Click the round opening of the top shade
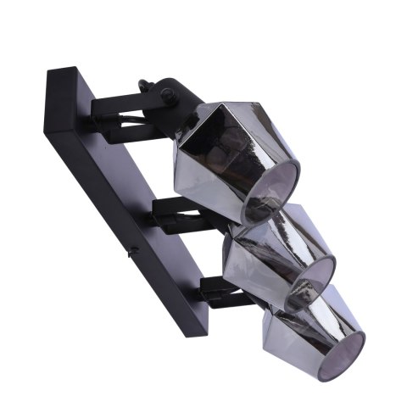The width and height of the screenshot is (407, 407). point(273,193)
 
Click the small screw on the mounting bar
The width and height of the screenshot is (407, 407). point(132,252)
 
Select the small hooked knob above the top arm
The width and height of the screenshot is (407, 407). point(146,86)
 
